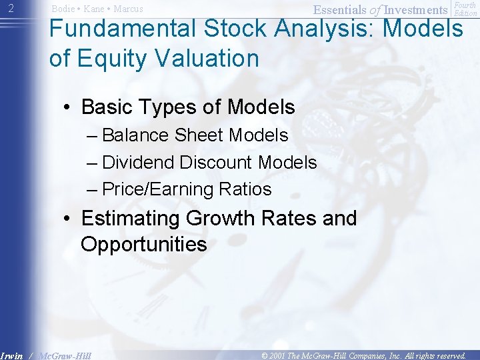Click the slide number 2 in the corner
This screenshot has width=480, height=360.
tap(8, 9)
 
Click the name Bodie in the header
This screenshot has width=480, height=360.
tap(63, 9)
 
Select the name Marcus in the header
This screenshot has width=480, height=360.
tap(128, 9)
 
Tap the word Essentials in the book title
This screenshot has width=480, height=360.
tap(340, 9)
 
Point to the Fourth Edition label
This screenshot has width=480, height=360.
tap(465, 9)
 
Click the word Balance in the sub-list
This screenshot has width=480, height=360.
tap(137, 135)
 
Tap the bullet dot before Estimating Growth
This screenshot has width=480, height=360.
tap(68, 219)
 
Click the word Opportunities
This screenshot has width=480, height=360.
tap(143, 244)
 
